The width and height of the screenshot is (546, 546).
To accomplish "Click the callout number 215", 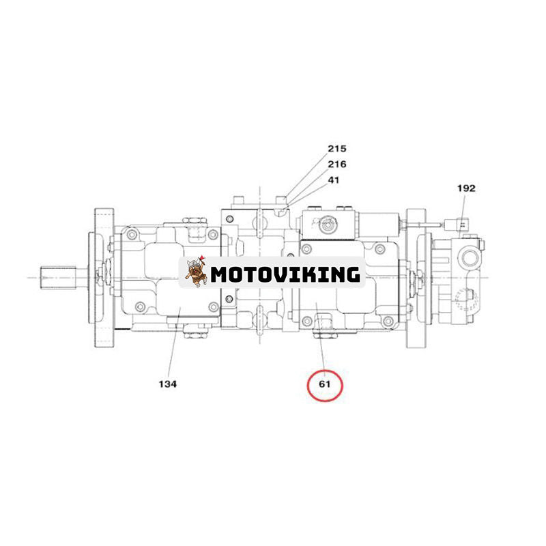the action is (336, 149).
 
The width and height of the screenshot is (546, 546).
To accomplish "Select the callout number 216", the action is (336, 164).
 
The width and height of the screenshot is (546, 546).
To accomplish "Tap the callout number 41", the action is (333, 180).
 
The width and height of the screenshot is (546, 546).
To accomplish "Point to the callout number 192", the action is (466, 188).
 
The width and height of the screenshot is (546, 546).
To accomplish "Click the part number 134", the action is (168, 384).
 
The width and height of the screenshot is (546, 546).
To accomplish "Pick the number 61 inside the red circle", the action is (324, 384).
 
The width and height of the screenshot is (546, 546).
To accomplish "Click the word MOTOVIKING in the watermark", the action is (285, 275).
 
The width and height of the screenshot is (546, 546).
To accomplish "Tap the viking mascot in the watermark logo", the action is (196, 272).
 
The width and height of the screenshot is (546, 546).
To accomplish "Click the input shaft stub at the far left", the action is (58, 277).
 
